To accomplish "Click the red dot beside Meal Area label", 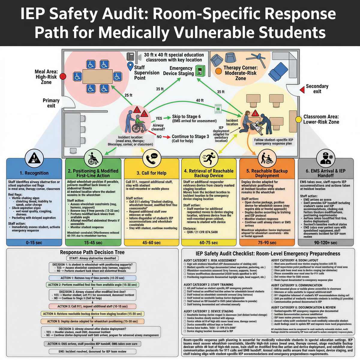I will click(63, 76).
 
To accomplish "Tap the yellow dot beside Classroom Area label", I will click(298, 119).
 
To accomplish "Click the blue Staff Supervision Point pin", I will click(130, 66).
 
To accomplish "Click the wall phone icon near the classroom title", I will click(130, 56).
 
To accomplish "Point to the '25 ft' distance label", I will click(128, 95).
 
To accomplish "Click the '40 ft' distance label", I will click(200, 100).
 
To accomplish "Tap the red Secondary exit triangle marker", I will click(302, 89).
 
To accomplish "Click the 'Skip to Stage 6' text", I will click(186, 116).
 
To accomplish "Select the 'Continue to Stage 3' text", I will click(190, 136).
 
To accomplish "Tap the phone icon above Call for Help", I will click(152, 158).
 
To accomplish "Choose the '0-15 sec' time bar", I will click(34, 242).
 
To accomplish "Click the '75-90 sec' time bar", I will click(267, 242).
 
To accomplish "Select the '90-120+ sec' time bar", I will click(325, 242).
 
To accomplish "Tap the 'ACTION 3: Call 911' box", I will click(92, 306).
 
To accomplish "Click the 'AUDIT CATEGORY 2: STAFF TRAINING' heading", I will click(208, 284).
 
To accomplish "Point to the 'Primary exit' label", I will click(51, 103).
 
